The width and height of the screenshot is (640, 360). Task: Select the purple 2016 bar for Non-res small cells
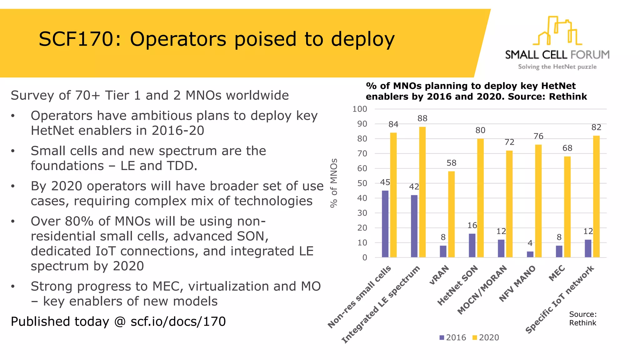385,224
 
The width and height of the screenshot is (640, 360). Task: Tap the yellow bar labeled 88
422,192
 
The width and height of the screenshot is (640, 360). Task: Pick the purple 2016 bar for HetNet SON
472,245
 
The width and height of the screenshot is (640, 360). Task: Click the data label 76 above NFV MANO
538,136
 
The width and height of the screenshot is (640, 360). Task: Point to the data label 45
385,182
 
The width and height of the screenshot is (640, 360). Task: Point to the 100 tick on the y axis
360,109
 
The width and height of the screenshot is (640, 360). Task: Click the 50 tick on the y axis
362,183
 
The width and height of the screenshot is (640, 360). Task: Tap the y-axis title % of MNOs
334,183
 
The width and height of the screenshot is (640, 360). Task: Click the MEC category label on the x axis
557,273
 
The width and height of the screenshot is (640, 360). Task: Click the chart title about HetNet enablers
476,91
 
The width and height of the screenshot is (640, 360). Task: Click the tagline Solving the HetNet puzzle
557,67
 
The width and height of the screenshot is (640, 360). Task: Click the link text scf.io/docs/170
178,321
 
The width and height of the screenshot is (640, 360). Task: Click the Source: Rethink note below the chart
582,318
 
